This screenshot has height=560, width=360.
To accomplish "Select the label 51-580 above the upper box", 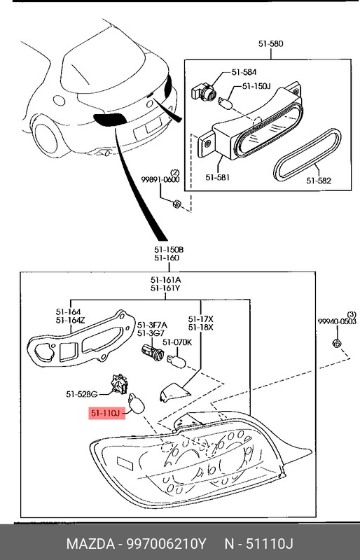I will click(270, 43).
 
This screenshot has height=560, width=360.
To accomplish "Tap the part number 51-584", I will click(242, 71).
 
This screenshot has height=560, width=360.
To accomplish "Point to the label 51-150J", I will click(256, 86).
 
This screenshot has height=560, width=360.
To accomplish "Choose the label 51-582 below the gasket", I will click(319, 180).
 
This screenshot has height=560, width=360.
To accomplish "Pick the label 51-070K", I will click(176, 342).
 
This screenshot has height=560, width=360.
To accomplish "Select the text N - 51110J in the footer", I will click(260, 545).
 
